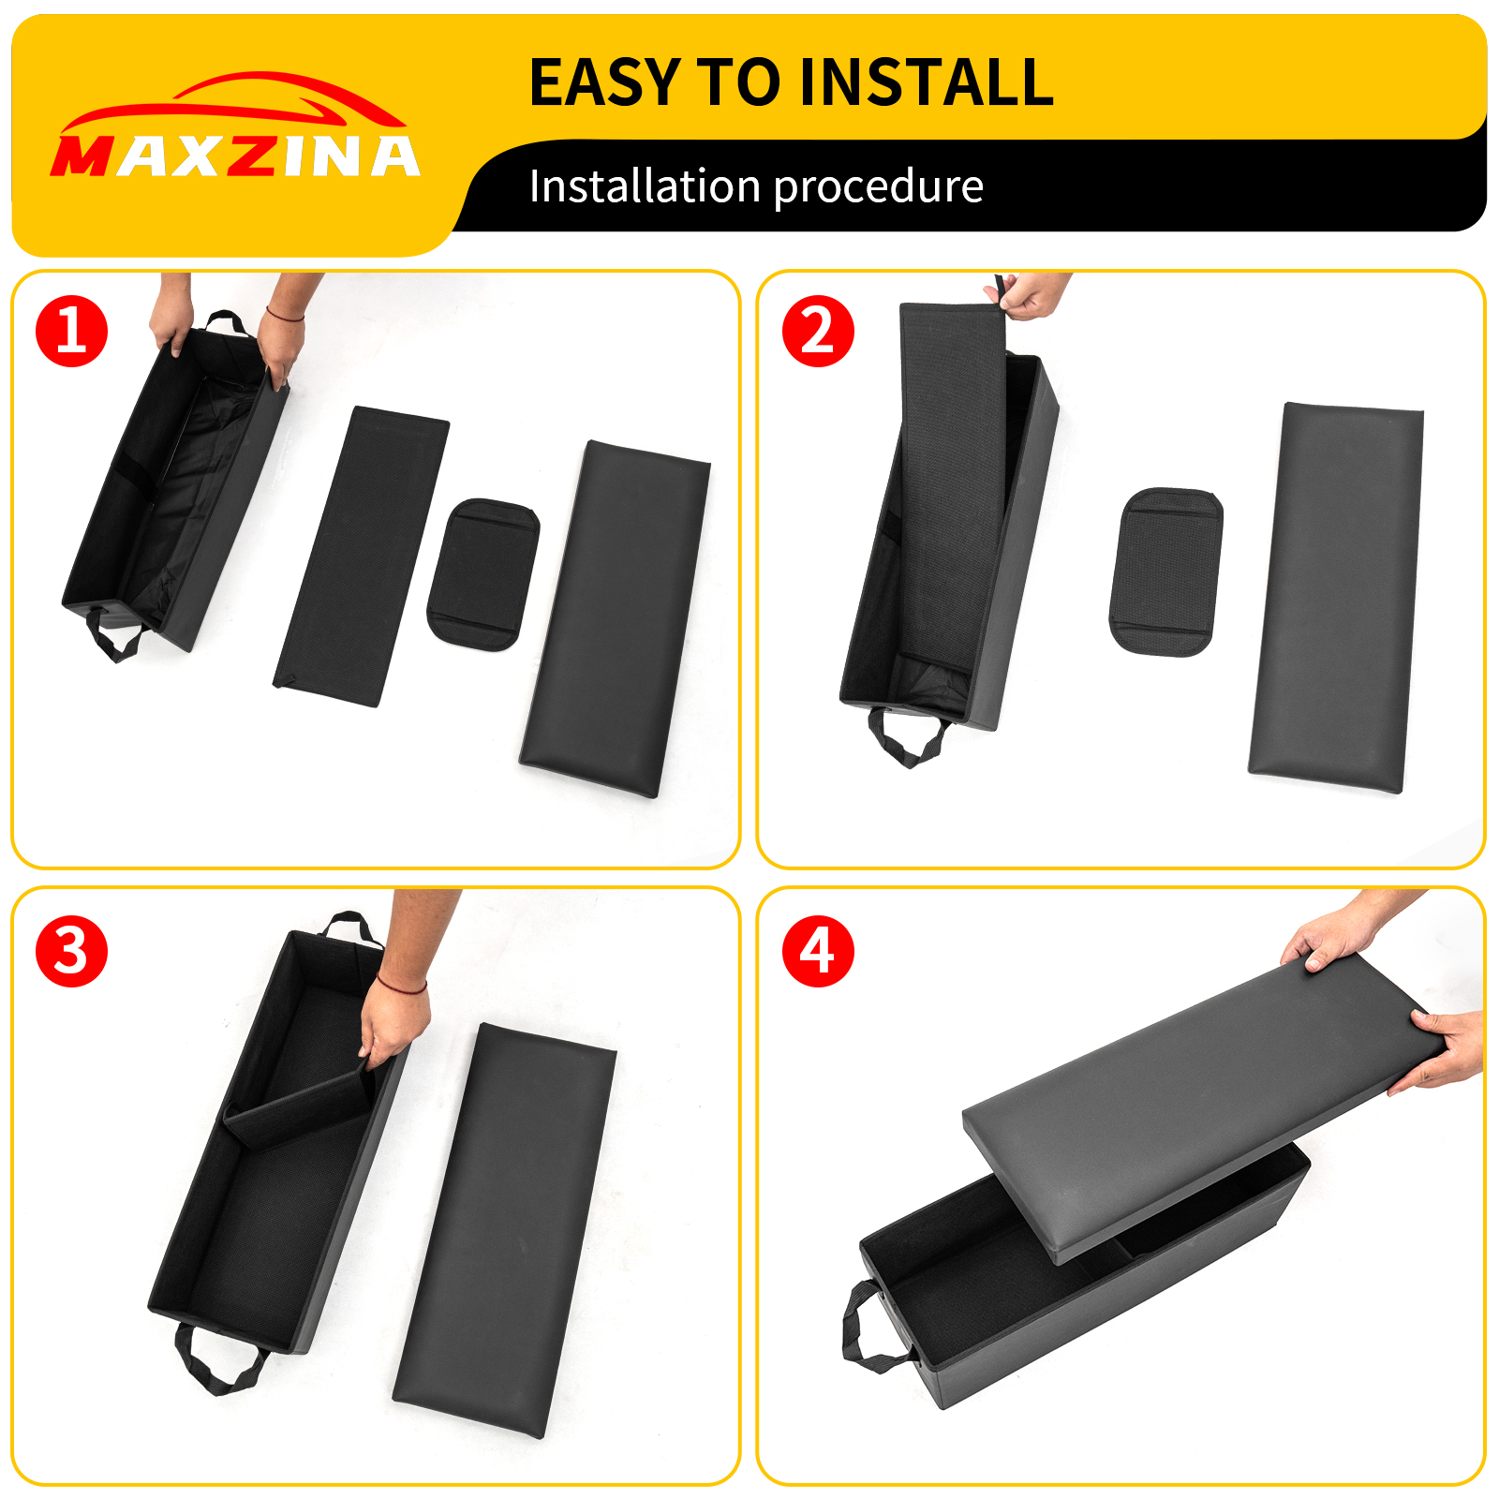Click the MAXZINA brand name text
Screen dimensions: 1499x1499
pyautogui.click(x=234, y=156)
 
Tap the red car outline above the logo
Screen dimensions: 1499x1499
pyautogui.click(x=234, y=101)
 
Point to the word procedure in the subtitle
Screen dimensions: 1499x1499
pyautogui.click(x=878, y=186)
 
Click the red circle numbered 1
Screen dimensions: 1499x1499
pyautogui.click(x=72, y=331)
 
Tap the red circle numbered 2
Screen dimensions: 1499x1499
pyautogui.click(x=818, y=331)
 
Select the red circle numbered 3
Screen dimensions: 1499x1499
pyautogui.click(x=72, y=951)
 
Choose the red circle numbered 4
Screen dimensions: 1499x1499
pyautogui.click(x=818, y=951)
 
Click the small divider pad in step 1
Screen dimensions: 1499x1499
pyautogui.click(x=482, y=574)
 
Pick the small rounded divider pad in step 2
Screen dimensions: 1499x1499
pyautogui.click(x=1166, y=571)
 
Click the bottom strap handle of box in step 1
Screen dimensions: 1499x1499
pyautogui.click(x=115, y=637)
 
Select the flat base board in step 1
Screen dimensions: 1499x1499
pyautogui.click(x=361, y=556)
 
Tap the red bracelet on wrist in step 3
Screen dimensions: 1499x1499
pyautogui.click(x=401, y=986)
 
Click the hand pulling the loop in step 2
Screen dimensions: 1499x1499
pyautogui.click(x=1031, y=295)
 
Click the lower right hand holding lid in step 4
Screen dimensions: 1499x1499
pyautogui.click(x=1443, y=1049)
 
